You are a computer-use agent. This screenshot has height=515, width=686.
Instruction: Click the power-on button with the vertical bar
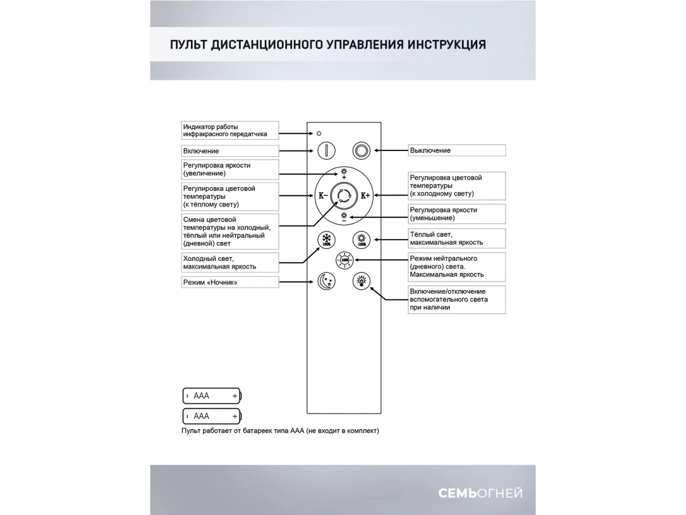326,150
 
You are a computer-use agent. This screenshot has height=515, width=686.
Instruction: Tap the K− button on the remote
323,196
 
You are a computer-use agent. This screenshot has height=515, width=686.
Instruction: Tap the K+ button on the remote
365,196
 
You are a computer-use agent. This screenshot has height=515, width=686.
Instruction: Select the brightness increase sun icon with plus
344,173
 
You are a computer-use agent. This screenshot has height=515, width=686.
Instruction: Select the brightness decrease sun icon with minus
344,216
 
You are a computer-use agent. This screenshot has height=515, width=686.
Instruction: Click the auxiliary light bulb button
361,281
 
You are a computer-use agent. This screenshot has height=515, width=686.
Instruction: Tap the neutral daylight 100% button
344,260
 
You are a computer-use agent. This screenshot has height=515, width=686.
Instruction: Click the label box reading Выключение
457,150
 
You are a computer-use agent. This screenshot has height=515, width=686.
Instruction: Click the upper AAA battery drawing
212,395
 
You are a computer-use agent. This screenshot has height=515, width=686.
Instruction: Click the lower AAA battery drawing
212,416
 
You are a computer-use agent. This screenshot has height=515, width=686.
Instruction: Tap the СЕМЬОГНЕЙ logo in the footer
480,493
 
